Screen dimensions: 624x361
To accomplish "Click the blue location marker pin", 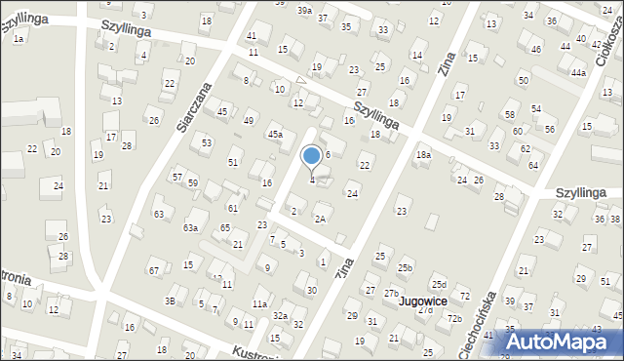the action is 311,156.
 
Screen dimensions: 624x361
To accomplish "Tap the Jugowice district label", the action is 421,302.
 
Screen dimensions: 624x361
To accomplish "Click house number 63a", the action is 191,228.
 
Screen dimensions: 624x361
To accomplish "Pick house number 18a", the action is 423,155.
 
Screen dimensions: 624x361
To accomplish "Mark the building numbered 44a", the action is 578,72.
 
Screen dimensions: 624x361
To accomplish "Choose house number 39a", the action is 305,10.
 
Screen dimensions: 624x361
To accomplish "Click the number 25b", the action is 405,268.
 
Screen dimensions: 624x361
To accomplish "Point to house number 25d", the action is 439,284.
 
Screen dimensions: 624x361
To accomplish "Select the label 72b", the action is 453,319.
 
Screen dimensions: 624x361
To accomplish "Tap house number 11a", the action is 259,303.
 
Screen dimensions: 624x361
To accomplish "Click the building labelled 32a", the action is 279,315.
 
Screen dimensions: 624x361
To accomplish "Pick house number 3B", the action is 170,301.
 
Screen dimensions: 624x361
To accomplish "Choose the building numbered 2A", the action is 320,219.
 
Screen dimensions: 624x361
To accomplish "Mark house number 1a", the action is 19,37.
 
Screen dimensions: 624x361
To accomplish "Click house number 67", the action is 153,269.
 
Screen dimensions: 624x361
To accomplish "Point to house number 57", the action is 176,177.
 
